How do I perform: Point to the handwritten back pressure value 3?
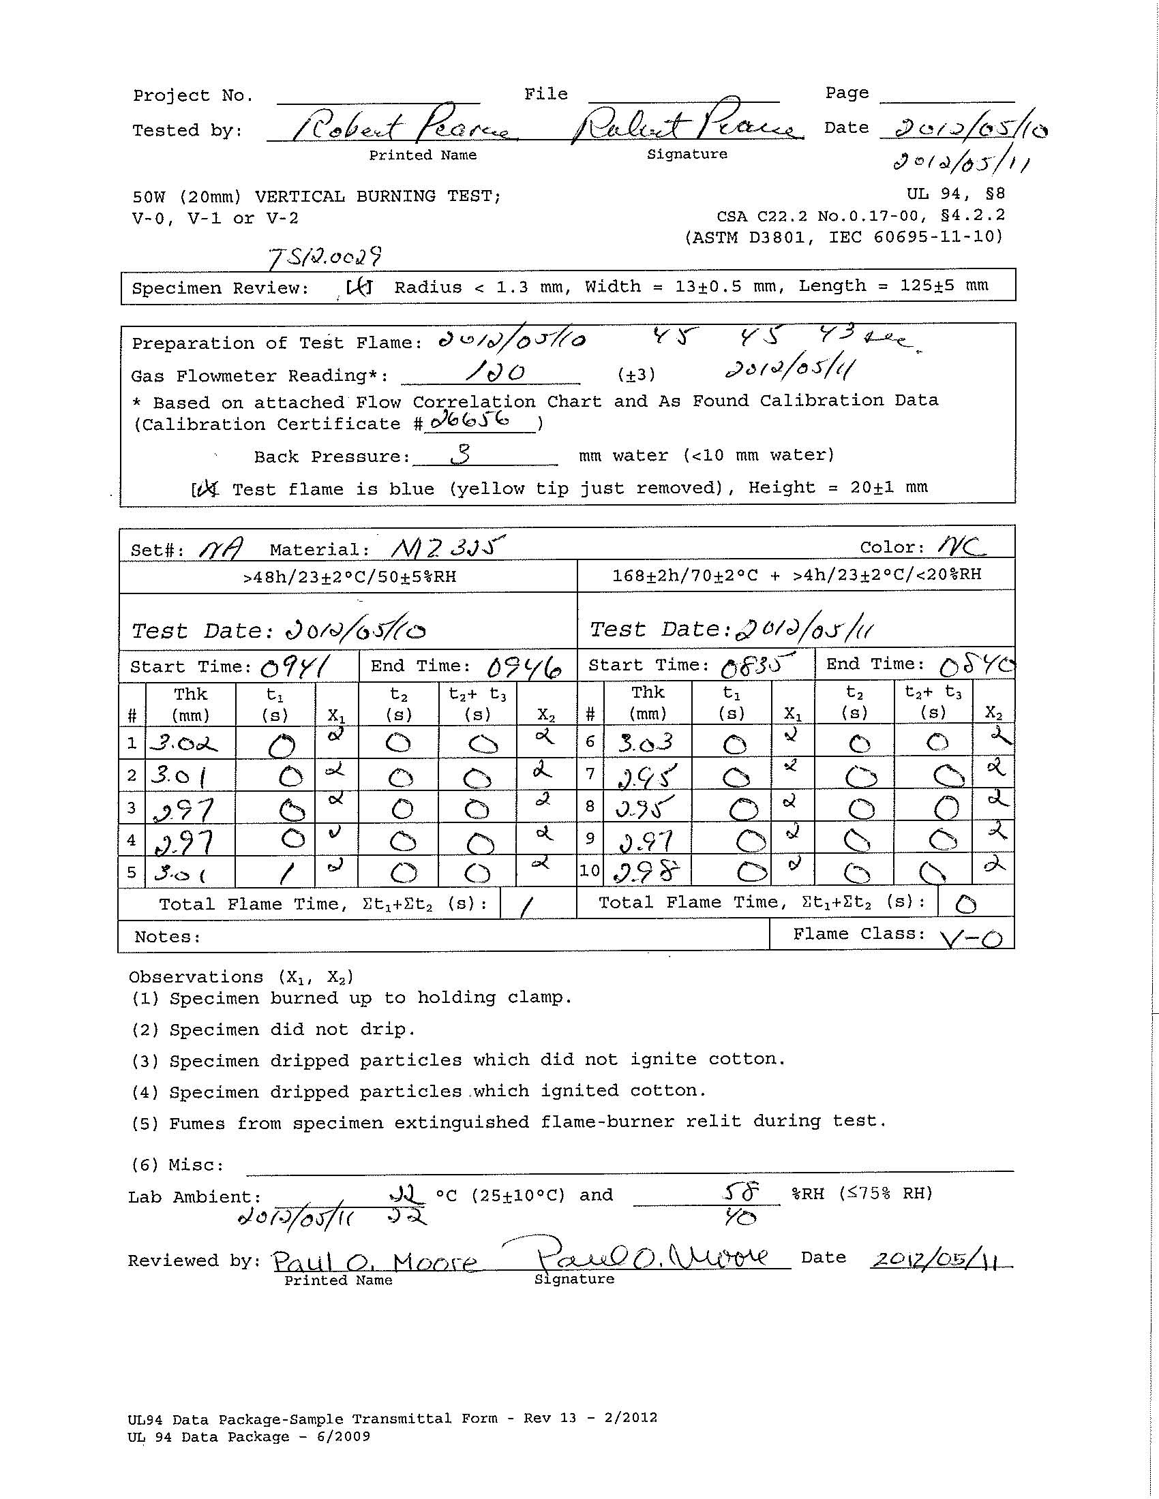[x=463, y=455]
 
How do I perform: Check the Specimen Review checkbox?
[x=359, y=287]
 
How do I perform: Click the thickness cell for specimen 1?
[x=189, y=743]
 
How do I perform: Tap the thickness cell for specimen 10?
[x=647, y=871]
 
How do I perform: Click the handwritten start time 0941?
[x=296, y=666]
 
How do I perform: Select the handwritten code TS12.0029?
[x=324, y=258]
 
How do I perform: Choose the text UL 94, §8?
[x=955, y=194]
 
